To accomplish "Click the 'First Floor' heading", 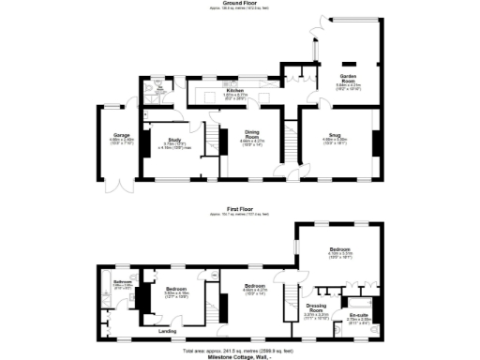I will pyautogui.click(x=240, y=209).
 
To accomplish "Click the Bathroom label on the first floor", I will pyautogui.click(x=122, y=282).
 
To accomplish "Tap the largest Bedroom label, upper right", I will pyautogui.click(x=339, y=249).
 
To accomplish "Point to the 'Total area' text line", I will pyautogui.click(x=240, y=349).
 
